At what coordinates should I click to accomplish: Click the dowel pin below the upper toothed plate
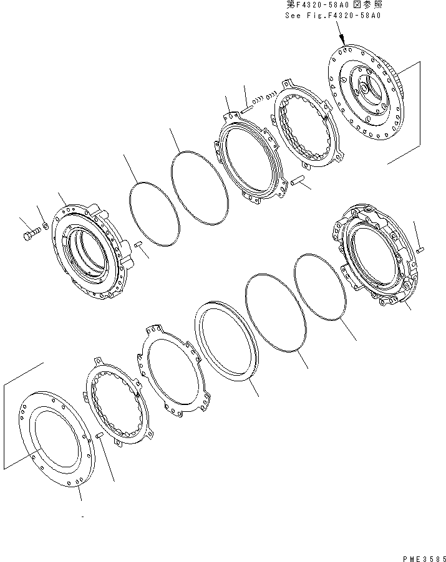297,181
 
